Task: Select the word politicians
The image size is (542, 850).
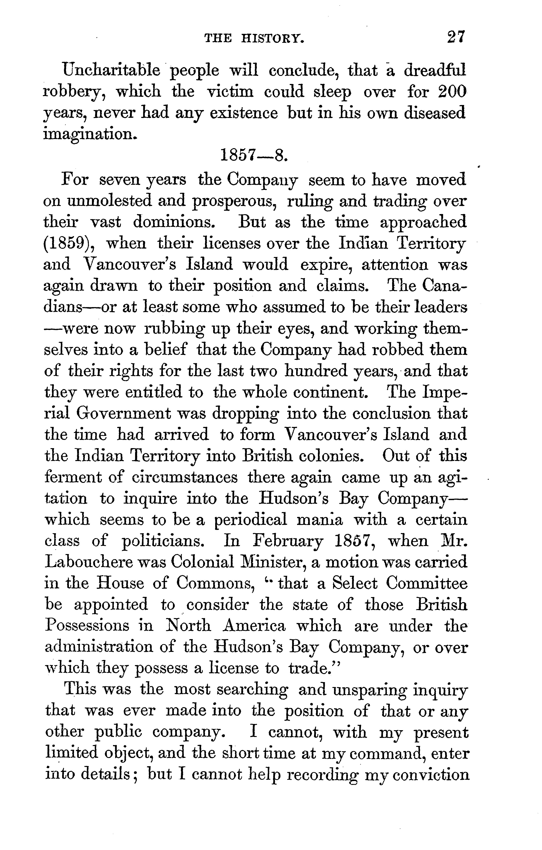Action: tap(162, 541)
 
